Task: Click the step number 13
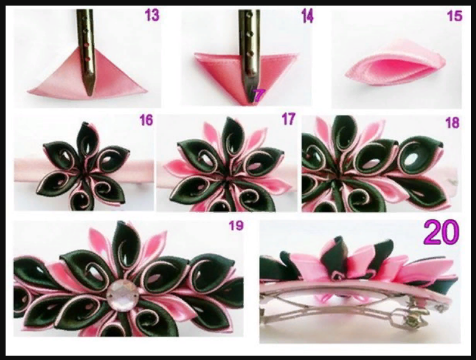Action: point(152,15)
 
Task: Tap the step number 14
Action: point(307,16)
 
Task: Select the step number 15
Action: point(454,16)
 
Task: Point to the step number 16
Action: point(146,120)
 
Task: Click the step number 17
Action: point(288,119)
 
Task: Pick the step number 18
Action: point(452,123)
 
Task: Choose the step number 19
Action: point(236,225)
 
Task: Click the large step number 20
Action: point(441,232)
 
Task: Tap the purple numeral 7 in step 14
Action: point(259,95)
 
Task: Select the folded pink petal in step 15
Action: point(395,65)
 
